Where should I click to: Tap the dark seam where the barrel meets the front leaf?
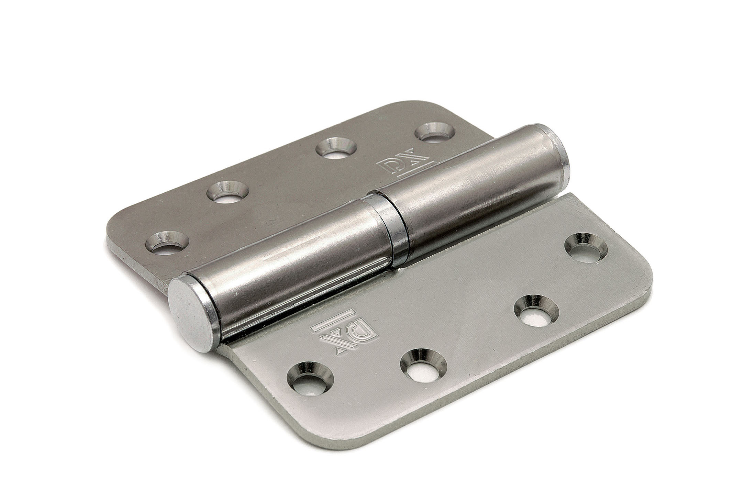click(344, 302)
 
